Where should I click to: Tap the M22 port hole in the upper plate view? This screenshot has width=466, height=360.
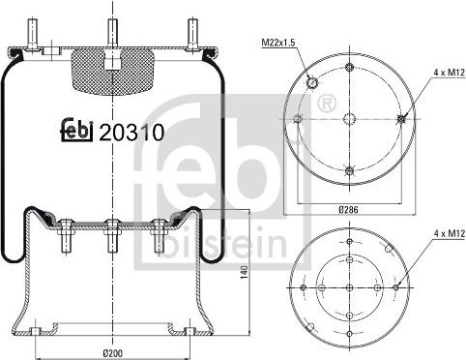pos(312,83)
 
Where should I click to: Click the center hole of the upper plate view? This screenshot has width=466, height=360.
pos(348,119)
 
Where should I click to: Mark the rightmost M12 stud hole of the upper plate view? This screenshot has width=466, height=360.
pos(399,119)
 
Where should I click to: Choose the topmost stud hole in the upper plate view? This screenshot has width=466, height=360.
pos(348,68)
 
